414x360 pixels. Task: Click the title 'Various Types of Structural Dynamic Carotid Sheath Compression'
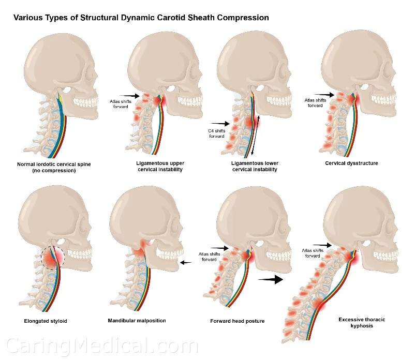pyautogui.click(x=141, y=18)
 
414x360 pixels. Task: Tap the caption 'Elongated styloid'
pyautogui.click(x=46, y=321)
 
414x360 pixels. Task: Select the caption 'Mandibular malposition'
pyautogui.click(x=137, y=321)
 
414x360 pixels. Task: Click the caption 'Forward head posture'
pyautogui.click(x=237, y=321)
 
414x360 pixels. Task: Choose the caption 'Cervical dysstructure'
pyautogui.click(x=351, y=163)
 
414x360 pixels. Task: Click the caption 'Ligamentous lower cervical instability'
pyautogui.click(x=253, y=166)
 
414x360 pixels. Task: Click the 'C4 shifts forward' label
pyautogui.click(x=217, y=133)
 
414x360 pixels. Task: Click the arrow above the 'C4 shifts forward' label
pyautogui.click(x=220, y=123)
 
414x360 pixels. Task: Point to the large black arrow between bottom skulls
pyautogui.click(x=271, y=279)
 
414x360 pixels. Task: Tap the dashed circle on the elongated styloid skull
pyautogui.click(x=53, y=258)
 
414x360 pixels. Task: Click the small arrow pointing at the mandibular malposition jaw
pyautogui.click(x=185, y=263)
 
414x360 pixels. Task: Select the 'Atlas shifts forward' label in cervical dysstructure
pyautogui.click(x=315, y=103)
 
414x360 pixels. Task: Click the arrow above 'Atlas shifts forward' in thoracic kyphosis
pyautogui.click(x=322, y=245)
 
